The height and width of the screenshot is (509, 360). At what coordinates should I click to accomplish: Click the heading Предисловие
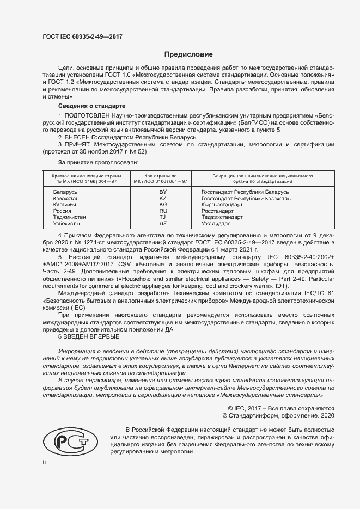click(189, 54)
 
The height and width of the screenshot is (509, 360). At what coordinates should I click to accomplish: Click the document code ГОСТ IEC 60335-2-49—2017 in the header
click(82, 36)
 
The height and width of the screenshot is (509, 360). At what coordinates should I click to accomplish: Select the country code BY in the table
click(162, 193)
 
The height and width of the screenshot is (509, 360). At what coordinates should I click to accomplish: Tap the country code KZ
click(162, 199)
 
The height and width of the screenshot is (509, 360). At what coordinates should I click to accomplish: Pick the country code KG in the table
click(162, 205)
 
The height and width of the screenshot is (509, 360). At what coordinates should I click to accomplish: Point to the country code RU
click(162, 211)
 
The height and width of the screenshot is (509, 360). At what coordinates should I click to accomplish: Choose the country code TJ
click(162, 217)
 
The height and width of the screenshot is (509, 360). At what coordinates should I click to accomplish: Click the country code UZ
click(162, 224)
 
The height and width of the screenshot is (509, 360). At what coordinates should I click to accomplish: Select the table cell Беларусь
click(65, 193)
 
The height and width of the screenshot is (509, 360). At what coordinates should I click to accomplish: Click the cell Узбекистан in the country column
click(68, 224)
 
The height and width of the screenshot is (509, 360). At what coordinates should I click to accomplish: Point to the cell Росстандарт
click(217, 211)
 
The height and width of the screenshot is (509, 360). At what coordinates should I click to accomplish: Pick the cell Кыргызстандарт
click(222, 205)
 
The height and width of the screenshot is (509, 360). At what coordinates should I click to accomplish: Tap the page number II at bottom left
click(45, 462)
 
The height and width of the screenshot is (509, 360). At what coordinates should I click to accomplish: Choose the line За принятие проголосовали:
click(98, 162)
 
